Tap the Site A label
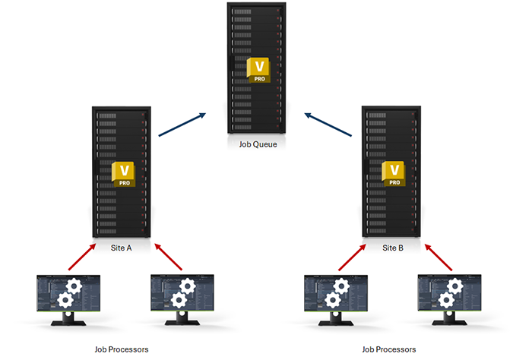tap(122, 248)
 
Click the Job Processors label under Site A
tap(122, 349)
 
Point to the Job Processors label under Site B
tap(390, 349)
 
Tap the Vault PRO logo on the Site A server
tap(122, 174)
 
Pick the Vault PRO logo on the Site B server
tap(394, 174)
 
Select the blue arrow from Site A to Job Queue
tap(182, 125)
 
